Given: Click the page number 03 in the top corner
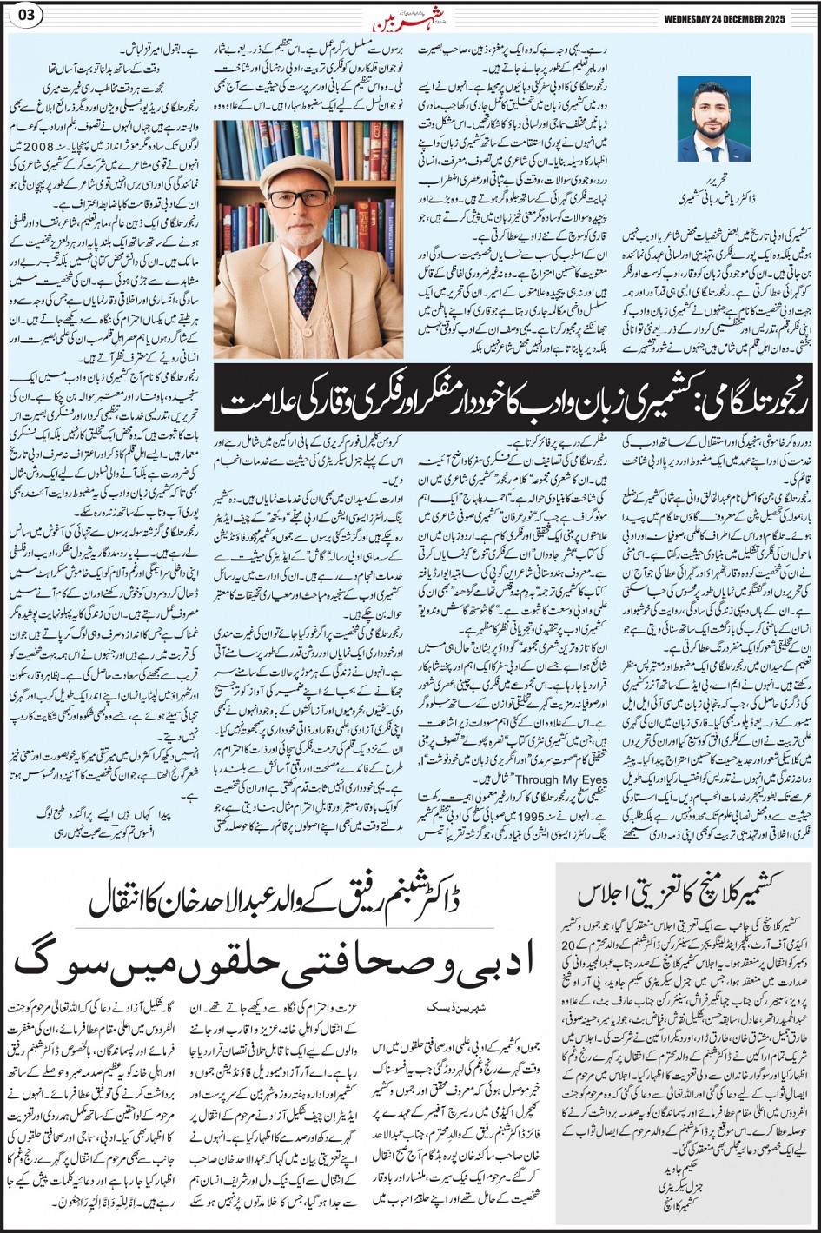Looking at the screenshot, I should tap(23, 17).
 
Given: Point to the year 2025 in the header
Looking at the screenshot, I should tap(795, 17).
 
